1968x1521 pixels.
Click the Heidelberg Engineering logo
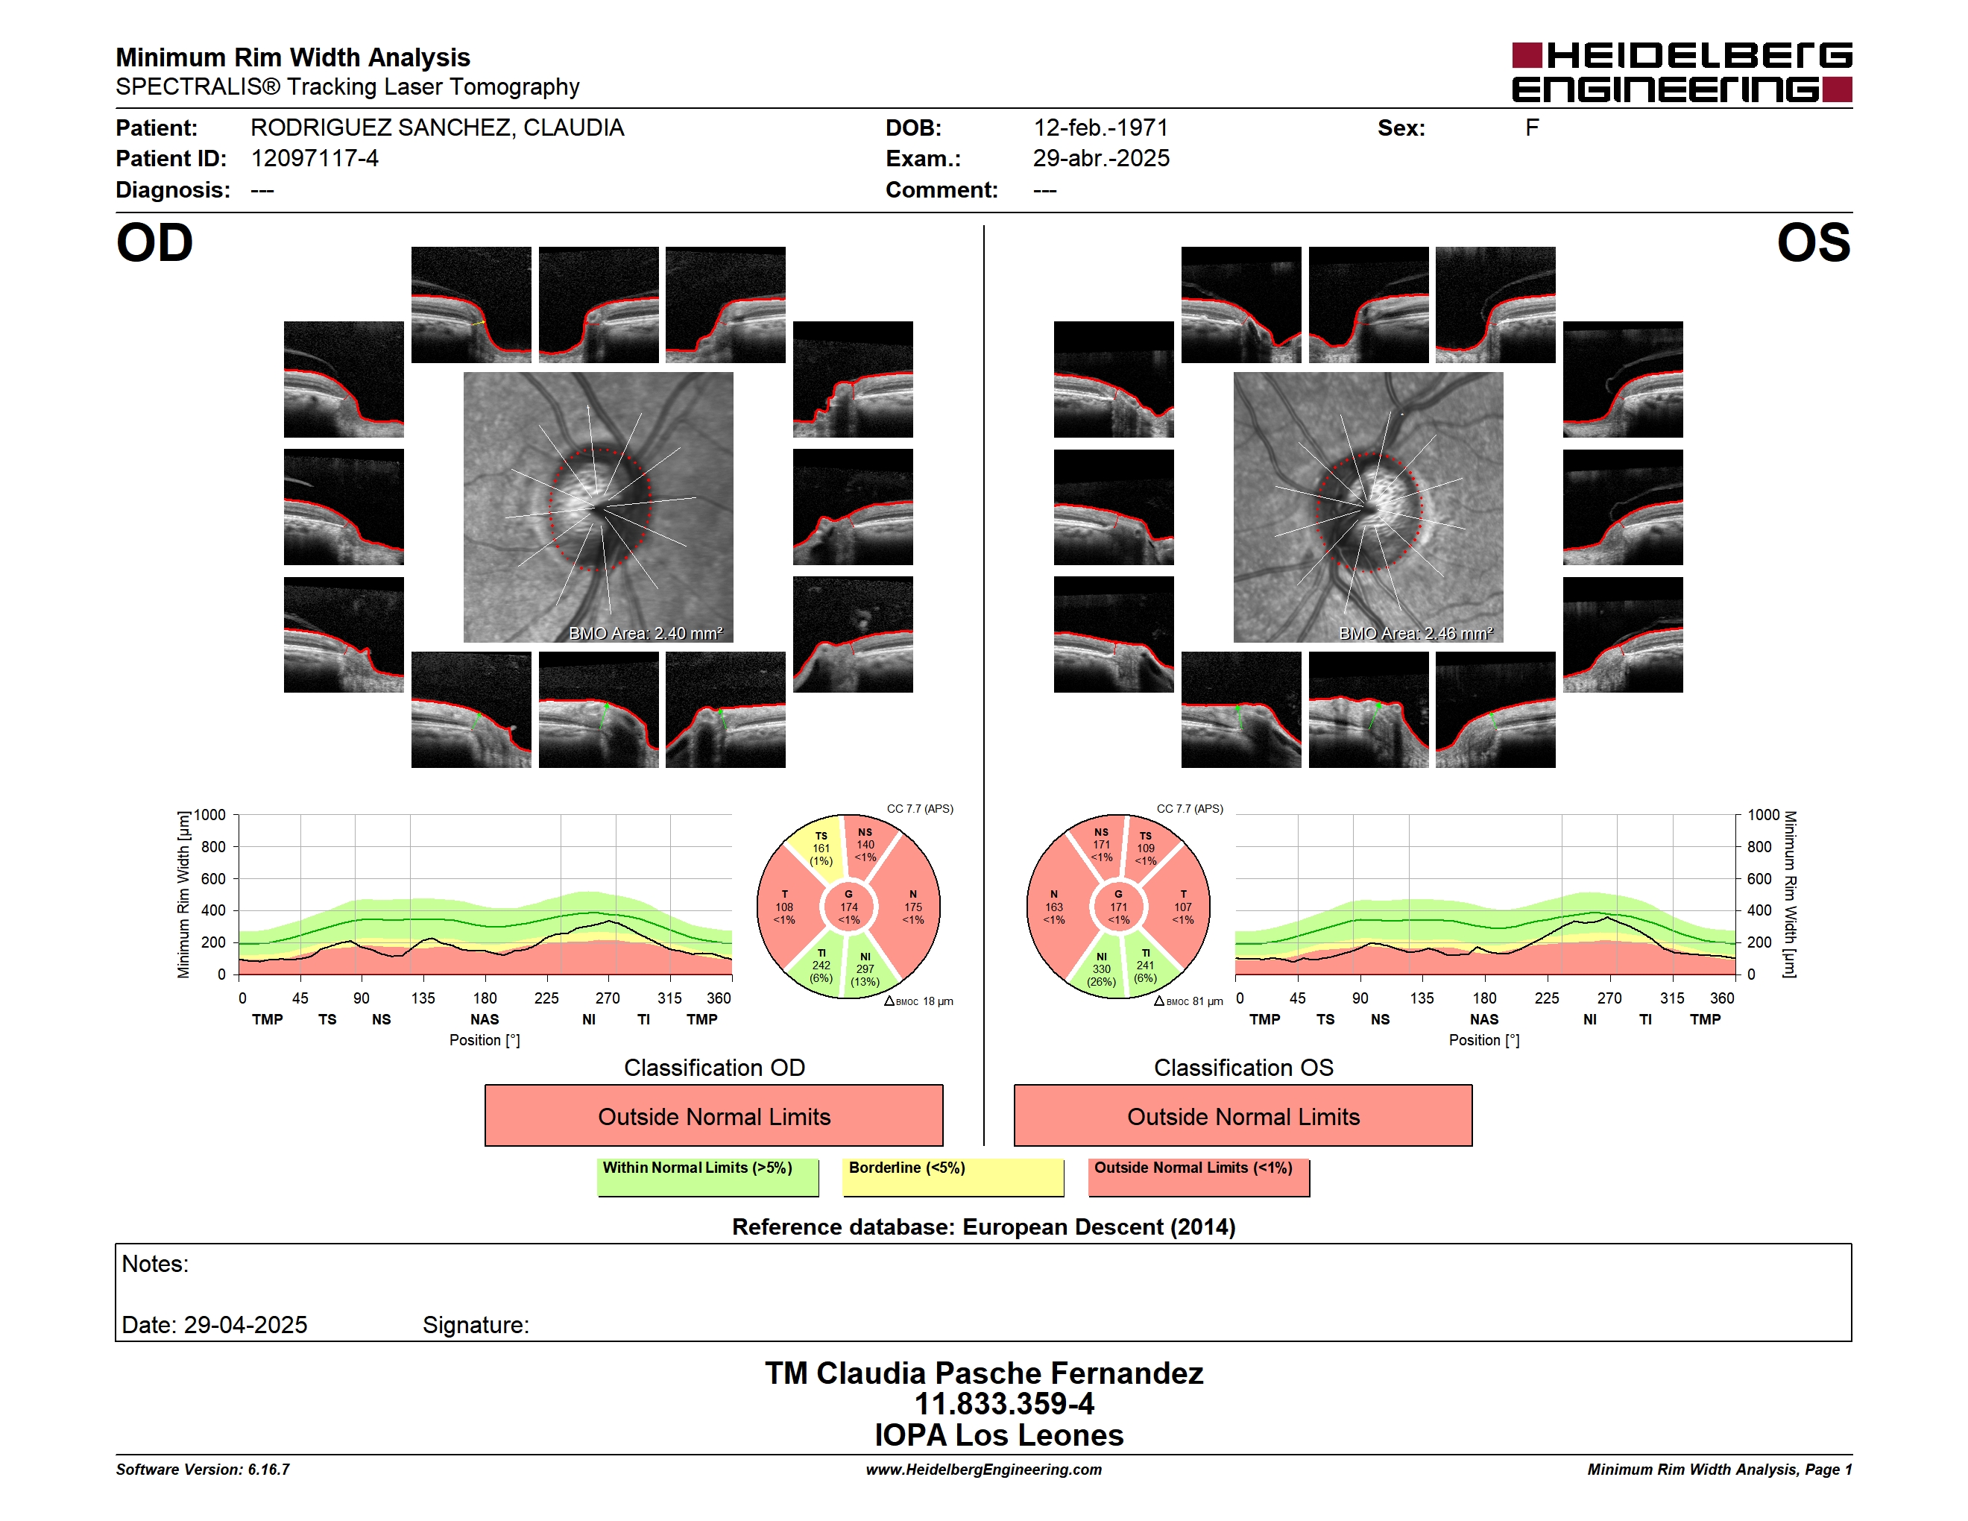pos(1682,72)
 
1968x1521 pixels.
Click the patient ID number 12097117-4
pos(315,159)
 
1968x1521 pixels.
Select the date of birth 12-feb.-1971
pos(1100,128)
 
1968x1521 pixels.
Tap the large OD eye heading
pos(154,242)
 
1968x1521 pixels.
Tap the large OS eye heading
pos(1813,242)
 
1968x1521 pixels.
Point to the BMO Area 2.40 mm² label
pos(645,634)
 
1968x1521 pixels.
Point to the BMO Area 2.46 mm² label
pos(1416,634)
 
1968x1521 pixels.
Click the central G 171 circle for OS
pos(1118,907)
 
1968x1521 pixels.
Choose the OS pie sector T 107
pos(1182,907)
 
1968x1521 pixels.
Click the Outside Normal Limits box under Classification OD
pos(713,1115)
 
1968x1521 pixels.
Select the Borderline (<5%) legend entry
pos(953,1177)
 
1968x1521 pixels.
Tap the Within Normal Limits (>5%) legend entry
pos(707,1177)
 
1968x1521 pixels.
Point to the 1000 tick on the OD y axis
pos(210,815)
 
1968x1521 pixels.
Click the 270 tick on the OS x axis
pos(1609,998)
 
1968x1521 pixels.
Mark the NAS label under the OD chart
pos(485,1019)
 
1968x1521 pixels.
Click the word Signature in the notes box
pos(475,1325)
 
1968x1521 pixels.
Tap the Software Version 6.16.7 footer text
pos(203,1470)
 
